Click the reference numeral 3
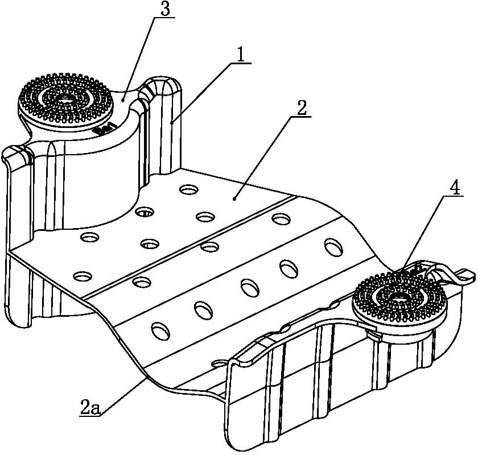pos(164,9)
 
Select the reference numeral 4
pos(455,189)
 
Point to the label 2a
pos(90,408)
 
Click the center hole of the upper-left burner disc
pos(65,98)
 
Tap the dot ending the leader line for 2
pos(234,198)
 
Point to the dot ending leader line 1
pos(172,122)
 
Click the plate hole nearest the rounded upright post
pos(189,190)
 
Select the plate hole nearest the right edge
pos(334,247)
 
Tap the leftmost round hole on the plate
pos(83,276)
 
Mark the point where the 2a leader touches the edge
pos(146,378)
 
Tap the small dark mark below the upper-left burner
pos(105,129)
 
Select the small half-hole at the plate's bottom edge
pos(219,363)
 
